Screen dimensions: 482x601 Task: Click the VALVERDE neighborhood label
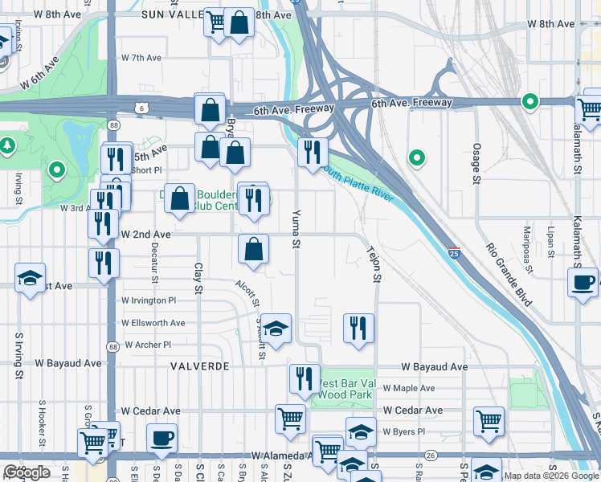click(x=199, y=366)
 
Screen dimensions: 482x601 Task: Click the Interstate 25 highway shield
click(x=454, y=252)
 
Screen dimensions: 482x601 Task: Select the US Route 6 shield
click(x=142, y=107)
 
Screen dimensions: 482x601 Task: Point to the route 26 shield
click(x=431, y=455)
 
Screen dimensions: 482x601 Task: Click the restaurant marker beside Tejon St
click(x=358, y=328)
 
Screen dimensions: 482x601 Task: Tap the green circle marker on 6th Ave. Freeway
click(x=529, y=101)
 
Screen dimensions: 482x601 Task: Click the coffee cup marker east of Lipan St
click(x=583, y=282)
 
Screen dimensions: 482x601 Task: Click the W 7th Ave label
click(x=142, y=58)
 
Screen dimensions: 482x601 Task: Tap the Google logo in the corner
click(x=27, y=472)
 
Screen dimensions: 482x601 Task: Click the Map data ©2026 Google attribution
click(x=551, y=476)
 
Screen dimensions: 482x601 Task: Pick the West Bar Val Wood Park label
click(x=345, y=389)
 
